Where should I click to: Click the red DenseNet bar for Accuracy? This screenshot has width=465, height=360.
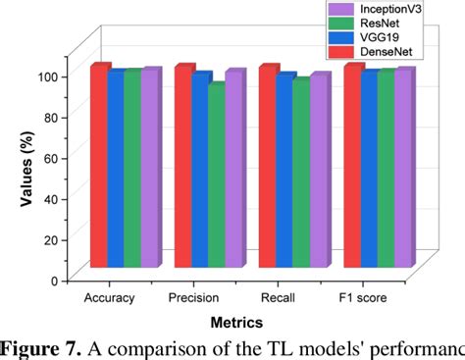point(99,167)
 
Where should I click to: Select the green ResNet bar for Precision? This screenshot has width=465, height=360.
point(217,177)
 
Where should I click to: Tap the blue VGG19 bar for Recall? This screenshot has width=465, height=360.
point(284,172)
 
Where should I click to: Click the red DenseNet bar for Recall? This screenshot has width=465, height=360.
point(268,167)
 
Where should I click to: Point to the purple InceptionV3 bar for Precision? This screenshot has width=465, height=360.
point(233,170)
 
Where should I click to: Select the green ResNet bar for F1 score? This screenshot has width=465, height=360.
point(386,170)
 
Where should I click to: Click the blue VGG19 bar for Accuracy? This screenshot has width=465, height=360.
point(116,170)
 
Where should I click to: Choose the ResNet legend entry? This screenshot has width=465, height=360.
point(378,25)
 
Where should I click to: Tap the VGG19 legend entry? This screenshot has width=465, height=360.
point(378,40)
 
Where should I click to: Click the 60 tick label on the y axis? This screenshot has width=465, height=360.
point(49,158)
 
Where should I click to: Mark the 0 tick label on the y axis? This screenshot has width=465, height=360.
point(53,280)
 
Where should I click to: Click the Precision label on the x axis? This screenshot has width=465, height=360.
point(193,297)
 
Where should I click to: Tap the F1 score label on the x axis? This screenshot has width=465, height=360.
point(362,297)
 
